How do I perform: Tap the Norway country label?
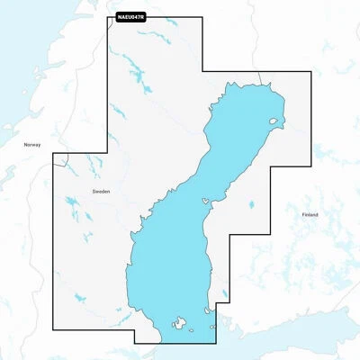click(x=32, y=144)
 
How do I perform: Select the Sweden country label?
click(x=100, y=192)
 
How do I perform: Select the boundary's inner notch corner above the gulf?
click(x=202, y=73)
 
